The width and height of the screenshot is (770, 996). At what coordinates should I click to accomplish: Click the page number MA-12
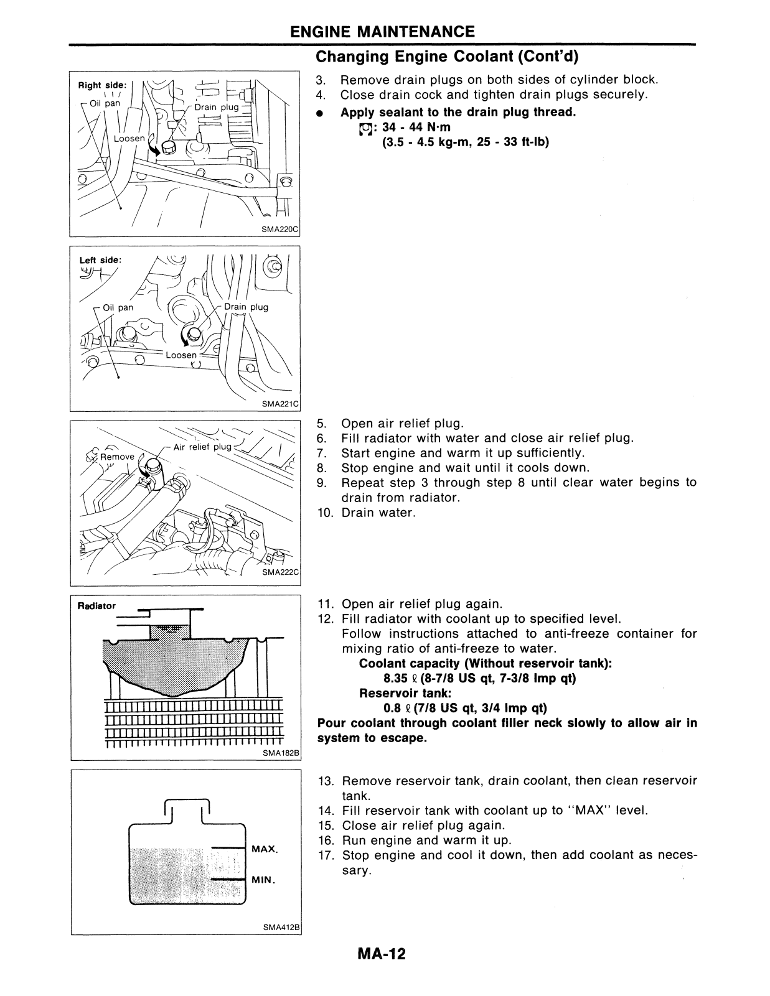[381, 954]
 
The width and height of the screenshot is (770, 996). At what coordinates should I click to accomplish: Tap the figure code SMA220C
[281, 230]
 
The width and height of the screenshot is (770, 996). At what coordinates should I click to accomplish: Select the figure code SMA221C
[281, 404]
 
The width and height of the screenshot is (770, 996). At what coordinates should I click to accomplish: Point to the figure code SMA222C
[281, 572]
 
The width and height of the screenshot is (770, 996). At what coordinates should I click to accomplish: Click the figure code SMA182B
[282, 753]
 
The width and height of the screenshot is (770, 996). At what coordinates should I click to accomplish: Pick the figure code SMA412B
[282, 927]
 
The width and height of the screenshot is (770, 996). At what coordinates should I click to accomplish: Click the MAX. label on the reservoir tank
[265, 849]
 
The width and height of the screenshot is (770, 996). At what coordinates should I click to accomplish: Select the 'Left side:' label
[100, 260]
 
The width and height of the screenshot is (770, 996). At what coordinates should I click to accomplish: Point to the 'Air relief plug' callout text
[202, 447]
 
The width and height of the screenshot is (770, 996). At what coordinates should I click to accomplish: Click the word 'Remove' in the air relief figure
[117, 457]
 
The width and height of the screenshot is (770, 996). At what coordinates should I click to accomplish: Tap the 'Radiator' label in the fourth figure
[97, 605]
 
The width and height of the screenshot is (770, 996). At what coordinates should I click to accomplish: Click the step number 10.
[326, 513]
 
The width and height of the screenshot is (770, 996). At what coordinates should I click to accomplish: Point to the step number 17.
[327, 855]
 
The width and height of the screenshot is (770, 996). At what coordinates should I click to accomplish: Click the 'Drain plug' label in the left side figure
[246, 307]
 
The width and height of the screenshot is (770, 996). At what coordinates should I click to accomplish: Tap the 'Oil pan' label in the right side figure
[105, 103]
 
